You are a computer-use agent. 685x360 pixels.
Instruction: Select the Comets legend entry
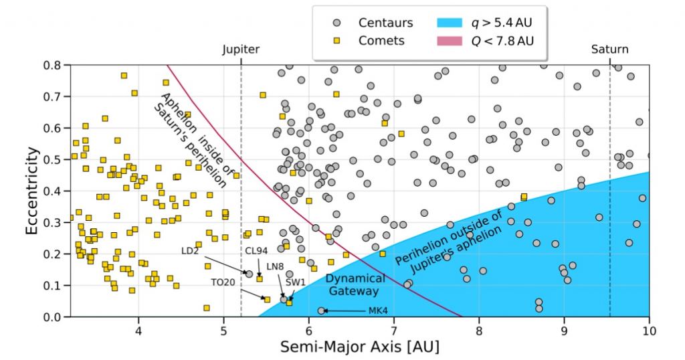click(x=381, y=41)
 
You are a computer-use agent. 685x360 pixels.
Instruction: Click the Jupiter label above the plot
click(x=240, y=50)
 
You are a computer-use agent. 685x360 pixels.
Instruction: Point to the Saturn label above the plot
click(x=609, y=50)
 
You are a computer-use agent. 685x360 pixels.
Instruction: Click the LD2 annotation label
click(x=191, y=251)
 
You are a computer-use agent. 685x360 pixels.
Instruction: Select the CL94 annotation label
click(x=256, y=251)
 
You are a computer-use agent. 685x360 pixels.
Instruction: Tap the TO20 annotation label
click(x=223, y=282)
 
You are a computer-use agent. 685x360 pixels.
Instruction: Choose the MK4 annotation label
click(x=378, y=311)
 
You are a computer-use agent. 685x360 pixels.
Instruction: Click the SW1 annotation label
click(x=296, y=282)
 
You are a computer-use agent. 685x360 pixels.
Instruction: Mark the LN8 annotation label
click(x=275, y=266)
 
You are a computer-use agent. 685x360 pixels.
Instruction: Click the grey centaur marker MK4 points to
click(x=321, y=310)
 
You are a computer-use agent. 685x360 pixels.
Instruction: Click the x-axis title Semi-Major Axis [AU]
click(x=359, y=347)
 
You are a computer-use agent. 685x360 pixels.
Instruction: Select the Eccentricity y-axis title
click(x=32, y=191)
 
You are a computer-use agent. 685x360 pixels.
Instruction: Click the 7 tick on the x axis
click(x=393, y=330)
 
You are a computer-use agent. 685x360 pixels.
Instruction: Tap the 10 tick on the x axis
click(x=648, y=330)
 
